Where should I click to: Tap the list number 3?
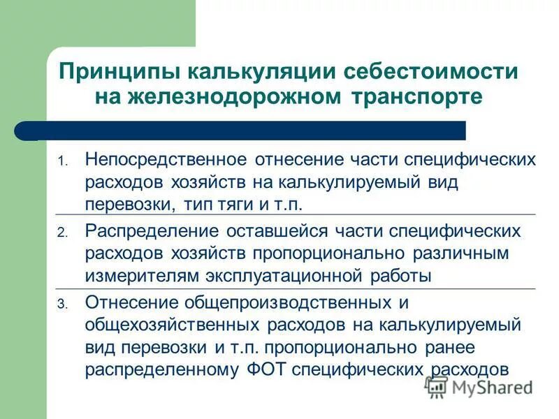61,304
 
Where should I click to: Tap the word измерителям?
140,275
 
